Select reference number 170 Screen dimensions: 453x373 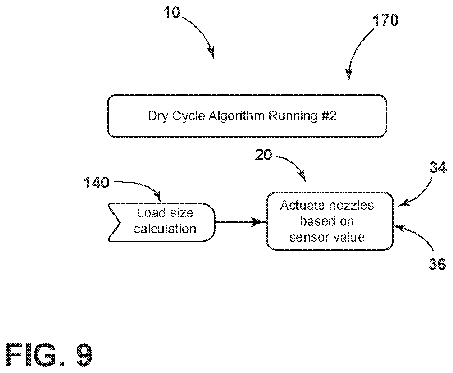pos(385,20)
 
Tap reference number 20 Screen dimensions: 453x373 pos(263,155)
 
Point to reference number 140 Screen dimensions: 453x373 pos(96,183)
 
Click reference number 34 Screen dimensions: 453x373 pos(438,167)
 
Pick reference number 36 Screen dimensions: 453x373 pos(437,264)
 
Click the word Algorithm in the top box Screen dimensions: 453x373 pos(237,116)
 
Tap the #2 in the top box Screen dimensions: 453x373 pos(328,116)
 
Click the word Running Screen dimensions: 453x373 pos(293,116)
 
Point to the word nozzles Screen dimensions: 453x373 pos(351,206)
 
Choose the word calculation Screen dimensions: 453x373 pos(165,229)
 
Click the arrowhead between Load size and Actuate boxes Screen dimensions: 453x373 pos(259,222)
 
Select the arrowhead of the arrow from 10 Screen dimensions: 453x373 pos(211,52)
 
